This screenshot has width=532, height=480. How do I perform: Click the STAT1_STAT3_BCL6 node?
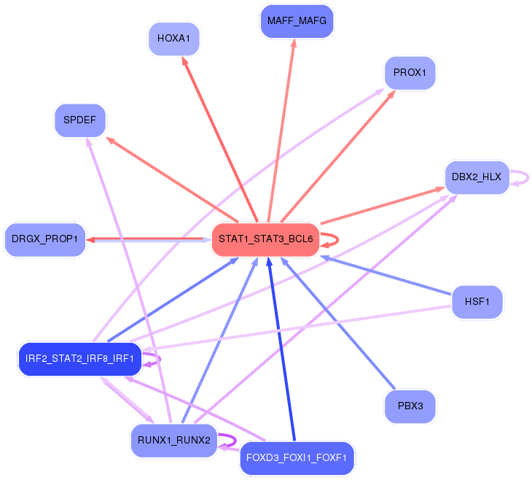pos(265,239)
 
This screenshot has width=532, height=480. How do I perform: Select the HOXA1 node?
pos(173,39)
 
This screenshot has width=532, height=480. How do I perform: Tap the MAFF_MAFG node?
pos(297,21)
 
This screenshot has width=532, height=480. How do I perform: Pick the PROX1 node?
pos(410,73)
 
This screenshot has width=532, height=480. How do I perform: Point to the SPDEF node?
pos(80,120)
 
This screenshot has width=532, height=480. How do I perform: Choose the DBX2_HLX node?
pos(477,177)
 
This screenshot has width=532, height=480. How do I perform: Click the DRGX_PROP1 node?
pos(45,240)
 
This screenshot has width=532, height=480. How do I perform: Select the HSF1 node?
pos(477,301)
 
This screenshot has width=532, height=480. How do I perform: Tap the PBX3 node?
pos(410,406)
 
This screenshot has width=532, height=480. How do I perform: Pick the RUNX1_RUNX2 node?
pos(173,441)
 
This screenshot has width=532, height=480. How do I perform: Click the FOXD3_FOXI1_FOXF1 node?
pos(297,459)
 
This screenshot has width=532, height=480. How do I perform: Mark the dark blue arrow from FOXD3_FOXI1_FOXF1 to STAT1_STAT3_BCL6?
pos(282,350)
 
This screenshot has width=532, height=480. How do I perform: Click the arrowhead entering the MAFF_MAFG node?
pos(294,44)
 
